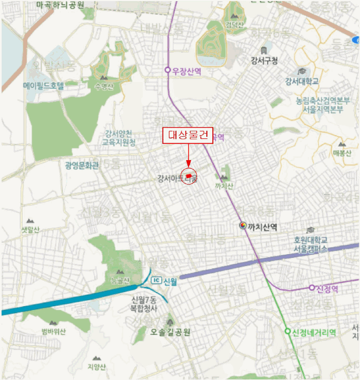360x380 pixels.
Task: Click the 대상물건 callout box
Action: [188, 136]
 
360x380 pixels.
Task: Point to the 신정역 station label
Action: [327, 288]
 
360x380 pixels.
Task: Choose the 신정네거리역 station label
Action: [314, 332]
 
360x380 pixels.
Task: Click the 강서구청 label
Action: [264, 60]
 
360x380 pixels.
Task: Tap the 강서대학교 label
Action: [302, 81]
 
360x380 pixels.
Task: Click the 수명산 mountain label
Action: [104, 86]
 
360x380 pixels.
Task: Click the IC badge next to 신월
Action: [156, 280]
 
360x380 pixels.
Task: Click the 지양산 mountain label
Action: [96, 366]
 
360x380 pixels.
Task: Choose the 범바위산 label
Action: [53, 332]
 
